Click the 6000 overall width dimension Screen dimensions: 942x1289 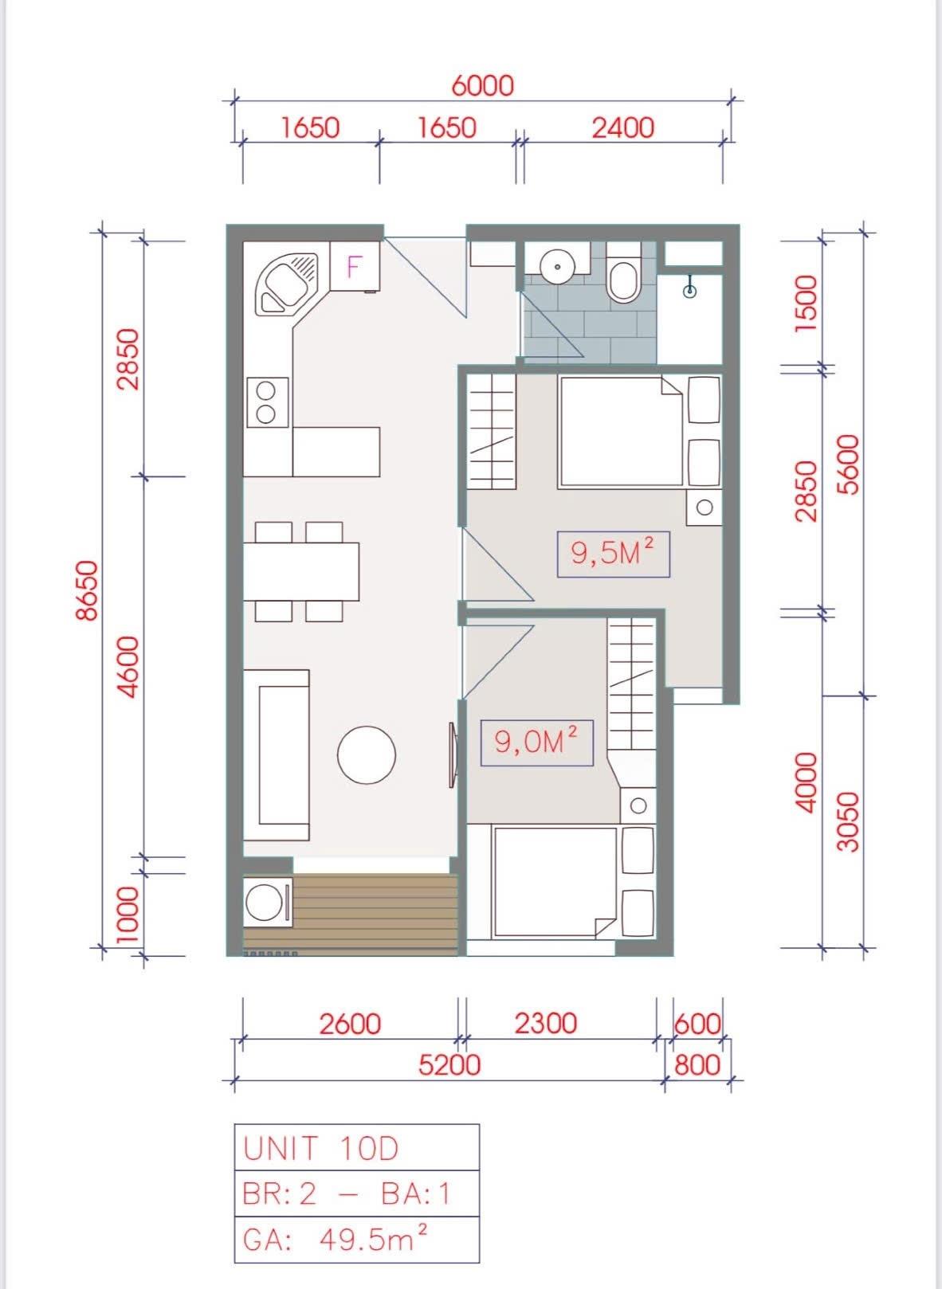point(482,86)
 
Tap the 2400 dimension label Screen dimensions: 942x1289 point(623,127)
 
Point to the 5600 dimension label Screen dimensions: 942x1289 point(850,464)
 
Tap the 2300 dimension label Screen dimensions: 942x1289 point(544,1023)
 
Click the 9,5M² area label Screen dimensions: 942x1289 point(613,554)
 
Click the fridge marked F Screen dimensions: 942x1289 point(355,266)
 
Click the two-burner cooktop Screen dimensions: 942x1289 point(268,402)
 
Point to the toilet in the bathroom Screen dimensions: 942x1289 point(624,272)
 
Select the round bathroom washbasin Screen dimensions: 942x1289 point(557,266)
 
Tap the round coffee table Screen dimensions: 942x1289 point(367,754)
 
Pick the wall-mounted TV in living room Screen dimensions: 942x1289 point(453,754)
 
